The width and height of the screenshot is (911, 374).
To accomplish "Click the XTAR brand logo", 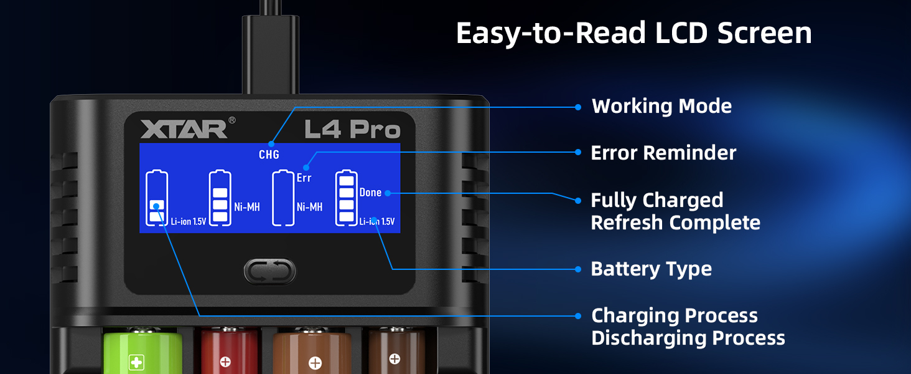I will point(183,129).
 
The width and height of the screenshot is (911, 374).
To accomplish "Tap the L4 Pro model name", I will point(352,129).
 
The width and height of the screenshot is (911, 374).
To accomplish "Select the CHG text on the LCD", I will point(269,155).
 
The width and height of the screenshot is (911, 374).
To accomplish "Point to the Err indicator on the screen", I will point(304,178).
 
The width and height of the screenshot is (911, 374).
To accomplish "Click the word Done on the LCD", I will point(370,193).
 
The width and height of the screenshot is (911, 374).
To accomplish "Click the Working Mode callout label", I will point(661,107).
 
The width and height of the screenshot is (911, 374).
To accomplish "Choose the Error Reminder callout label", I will point(663,153).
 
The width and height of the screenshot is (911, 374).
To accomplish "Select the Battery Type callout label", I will point(651,269).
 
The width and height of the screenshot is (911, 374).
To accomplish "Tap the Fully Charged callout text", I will point(656,201).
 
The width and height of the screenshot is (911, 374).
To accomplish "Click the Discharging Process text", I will point(688,338).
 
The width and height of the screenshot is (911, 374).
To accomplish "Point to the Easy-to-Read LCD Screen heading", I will point(633,34).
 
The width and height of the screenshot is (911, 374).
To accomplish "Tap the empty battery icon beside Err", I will point(284,198).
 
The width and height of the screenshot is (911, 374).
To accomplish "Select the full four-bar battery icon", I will point(347,198).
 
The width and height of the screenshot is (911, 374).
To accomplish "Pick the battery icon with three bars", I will point(220,198).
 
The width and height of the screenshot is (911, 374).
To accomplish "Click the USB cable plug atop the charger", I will point(270,53).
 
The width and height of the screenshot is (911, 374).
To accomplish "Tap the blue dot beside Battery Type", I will point(578,269).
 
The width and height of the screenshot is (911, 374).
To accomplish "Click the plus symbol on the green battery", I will point(136,362).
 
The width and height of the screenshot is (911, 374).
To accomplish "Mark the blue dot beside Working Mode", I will point(578,107).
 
